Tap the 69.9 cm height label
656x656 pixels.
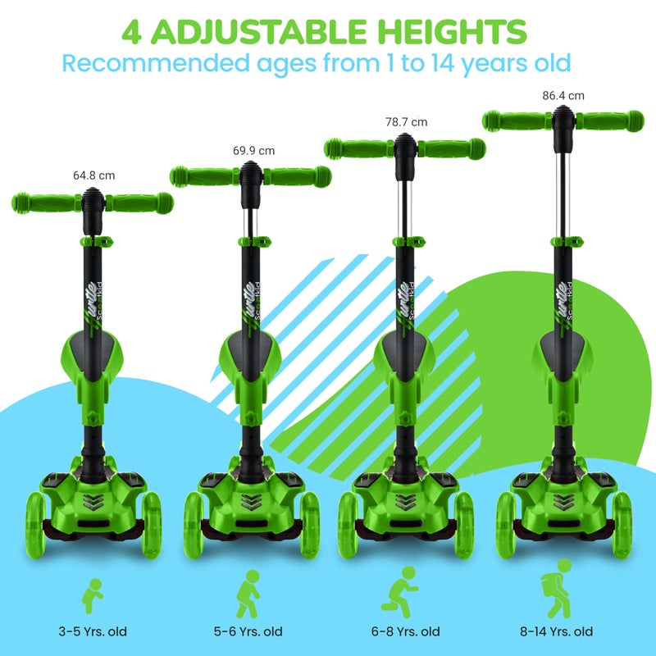tap(254, 151)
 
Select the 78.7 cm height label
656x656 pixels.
tap(407, 122)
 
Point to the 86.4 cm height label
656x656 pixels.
tap(563, 95)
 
